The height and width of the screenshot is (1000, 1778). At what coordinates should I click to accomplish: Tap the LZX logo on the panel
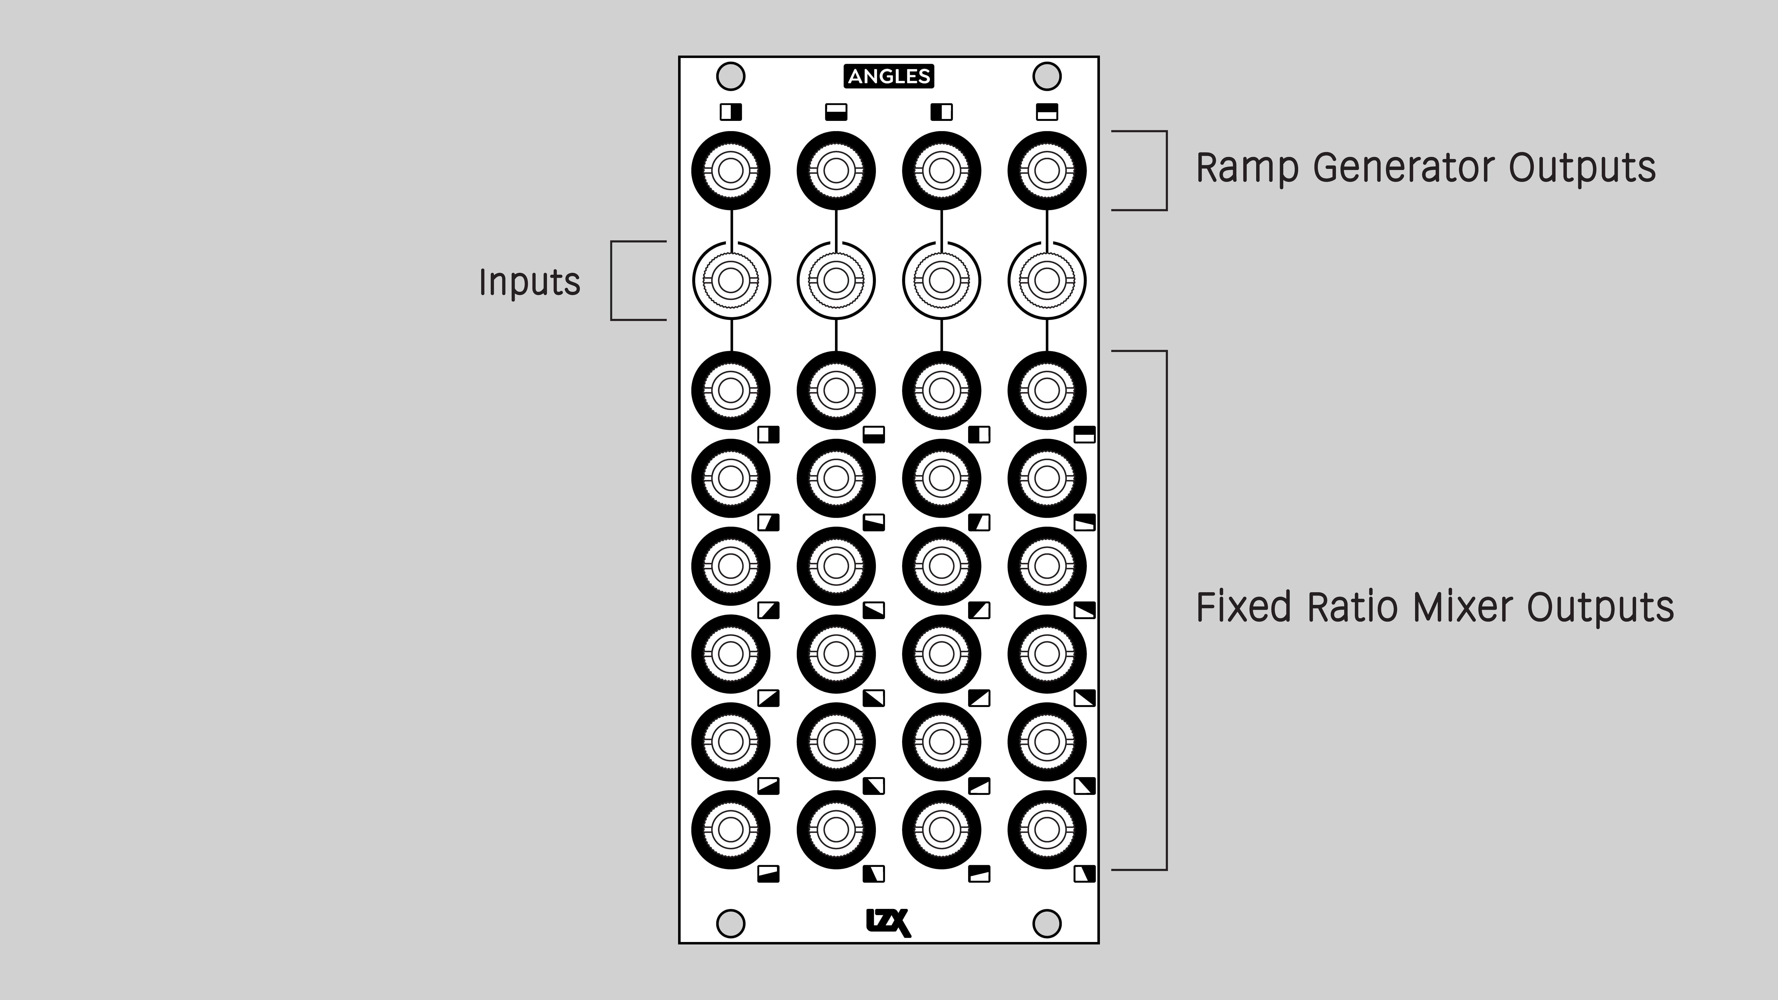[x=888, y=923]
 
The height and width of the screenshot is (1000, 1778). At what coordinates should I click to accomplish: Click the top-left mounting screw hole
[x=731, y=76]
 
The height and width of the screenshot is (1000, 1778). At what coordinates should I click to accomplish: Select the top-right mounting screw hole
[x=1046, y=76]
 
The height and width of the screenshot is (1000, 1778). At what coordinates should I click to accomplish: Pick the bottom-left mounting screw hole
[x=731, y=923]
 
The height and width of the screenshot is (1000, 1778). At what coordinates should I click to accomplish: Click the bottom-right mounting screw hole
[x=1046, y=923]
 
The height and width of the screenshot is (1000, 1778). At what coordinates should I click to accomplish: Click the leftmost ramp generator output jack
[x=731, y=170]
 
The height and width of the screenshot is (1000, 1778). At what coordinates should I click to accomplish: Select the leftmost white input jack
[x=731, y=280]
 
